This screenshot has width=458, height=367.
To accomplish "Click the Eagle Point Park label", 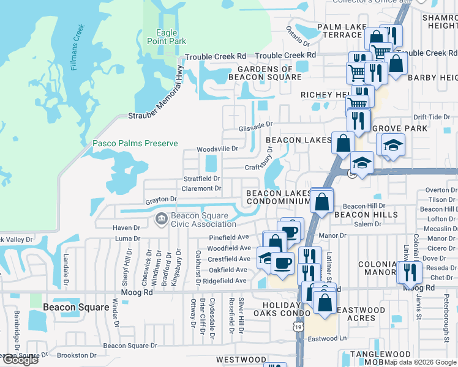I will point(162,37).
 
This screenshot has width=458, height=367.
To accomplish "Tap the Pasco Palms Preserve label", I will point(135,144).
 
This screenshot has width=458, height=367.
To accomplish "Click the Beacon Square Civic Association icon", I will point(161,218).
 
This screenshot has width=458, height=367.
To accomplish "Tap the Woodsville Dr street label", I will point(217,149).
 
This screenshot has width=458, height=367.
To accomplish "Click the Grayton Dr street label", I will point(160,199).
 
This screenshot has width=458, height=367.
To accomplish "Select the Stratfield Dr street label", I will point(202,179).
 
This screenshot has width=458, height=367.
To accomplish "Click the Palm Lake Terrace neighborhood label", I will point(343,31).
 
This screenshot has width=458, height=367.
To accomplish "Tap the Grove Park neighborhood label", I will point(399,129).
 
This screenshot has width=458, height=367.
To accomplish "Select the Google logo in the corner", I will point(20,360).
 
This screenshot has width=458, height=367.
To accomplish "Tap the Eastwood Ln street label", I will point(327,338).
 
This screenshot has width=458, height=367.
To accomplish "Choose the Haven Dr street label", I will point(127,228).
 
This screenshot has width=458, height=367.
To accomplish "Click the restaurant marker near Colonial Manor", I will point(409,272).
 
